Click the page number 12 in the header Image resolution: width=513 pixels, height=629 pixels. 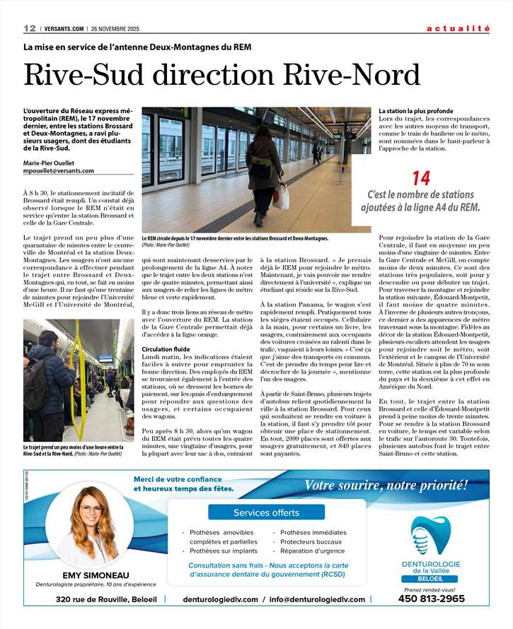point(29,28)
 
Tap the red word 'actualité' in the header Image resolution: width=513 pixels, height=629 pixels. point(458,28)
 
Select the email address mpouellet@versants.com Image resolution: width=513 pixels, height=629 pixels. point(59,170)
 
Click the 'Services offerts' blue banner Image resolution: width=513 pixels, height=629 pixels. point(266,512)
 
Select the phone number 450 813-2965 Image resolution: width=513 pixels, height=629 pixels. point(432,599)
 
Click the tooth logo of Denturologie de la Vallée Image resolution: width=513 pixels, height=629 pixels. point(431,534)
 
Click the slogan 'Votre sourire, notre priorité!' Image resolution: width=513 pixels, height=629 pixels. point(386,485)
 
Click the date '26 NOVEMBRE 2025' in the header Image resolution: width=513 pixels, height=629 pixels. point(114,29)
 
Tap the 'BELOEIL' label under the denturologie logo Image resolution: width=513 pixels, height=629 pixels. point(431,579)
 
